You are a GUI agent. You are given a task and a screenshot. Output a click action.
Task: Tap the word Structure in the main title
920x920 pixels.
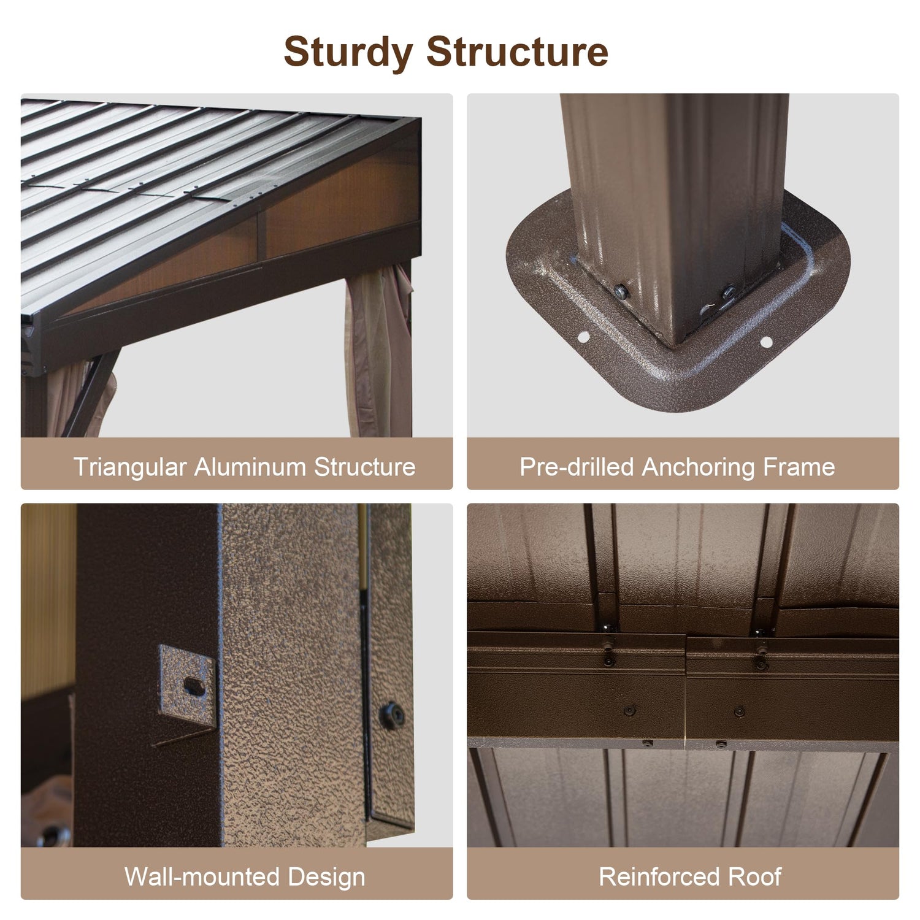tap(518, 52)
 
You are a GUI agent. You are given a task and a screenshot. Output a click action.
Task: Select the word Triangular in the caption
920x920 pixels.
tap(129, 468)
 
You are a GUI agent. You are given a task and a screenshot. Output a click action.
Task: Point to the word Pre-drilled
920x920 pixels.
tap(576, 467)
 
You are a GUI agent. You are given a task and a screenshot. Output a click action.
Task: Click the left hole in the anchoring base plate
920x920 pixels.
tap(583, 335)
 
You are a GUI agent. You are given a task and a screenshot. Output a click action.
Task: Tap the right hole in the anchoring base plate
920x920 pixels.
tap(766, 342)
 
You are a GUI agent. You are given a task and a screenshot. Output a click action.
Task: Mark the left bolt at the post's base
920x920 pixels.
tap(621, 290)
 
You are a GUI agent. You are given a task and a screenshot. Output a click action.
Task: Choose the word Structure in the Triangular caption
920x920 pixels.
tap(365, 467)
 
